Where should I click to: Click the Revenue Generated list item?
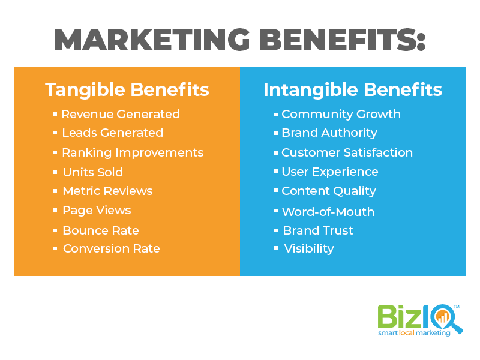121,114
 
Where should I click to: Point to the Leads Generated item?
113,133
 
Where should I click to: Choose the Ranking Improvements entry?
133,153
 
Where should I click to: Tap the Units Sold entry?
93,172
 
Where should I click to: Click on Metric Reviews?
107,191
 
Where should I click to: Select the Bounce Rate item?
101,230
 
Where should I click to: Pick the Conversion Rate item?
112,248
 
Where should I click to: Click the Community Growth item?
341,115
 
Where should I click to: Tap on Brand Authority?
329,133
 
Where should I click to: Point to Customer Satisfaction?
347,152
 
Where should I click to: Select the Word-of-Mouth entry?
328,212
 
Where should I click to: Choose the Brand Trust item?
318,230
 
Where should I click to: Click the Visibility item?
309,248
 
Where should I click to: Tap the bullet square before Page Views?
55,210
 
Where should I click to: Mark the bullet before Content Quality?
276,190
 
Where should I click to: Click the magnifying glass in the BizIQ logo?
445,319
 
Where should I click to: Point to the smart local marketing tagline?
414,333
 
